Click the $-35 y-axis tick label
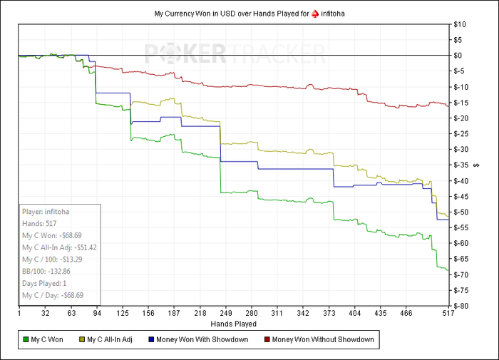coord(462,165)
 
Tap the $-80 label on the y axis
coord(462,306)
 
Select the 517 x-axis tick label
coord(448,313)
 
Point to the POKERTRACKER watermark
coord(235,53)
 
